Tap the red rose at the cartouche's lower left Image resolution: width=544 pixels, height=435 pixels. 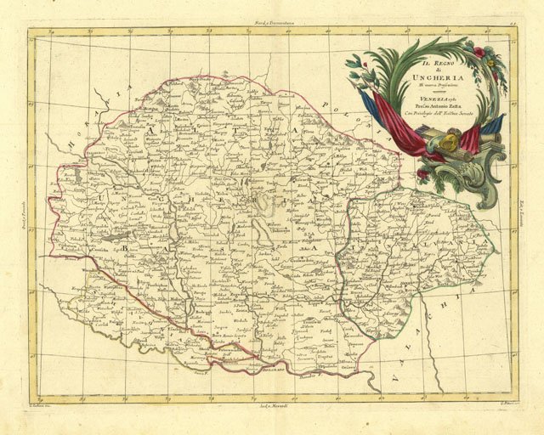click(422, 175)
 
